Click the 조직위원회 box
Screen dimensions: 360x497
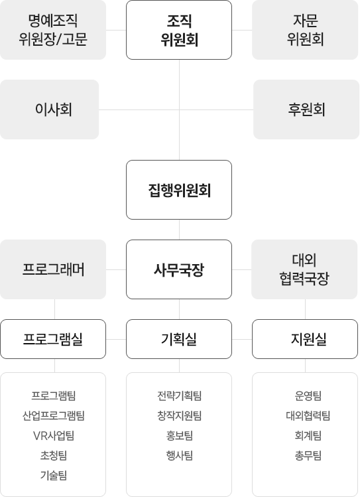coord(179,30)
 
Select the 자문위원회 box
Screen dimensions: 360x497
coord(305,30)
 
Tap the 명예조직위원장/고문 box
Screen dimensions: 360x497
coord(53,30)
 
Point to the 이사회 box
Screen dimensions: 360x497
coord(50,109)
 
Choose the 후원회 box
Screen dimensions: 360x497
coord(306,109)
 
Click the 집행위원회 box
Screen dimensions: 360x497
coord(179,190)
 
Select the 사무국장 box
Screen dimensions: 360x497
coord(179,269)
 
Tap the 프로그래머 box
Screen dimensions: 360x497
coord(53,269)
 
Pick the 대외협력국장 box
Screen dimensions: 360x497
coord(304,269)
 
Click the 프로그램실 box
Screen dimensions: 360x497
coord(53,339)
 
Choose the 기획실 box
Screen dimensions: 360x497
coord(179,339)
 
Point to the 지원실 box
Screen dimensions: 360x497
coord(305,339)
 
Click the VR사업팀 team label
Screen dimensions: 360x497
coord(54,436)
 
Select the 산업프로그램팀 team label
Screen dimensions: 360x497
coord(54,415)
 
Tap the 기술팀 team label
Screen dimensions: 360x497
coord(54,476)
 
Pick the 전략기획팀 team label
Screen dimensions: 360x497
coord(180,395)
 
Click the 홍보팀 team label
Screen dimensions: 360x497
coord(180,436)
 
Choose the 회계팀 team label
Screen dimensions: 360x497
coord(308,436)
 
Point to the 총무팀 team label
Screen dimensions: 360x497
coord(308,456)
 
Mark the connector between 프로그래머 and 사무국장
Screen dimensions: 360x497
coord(116,270)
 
